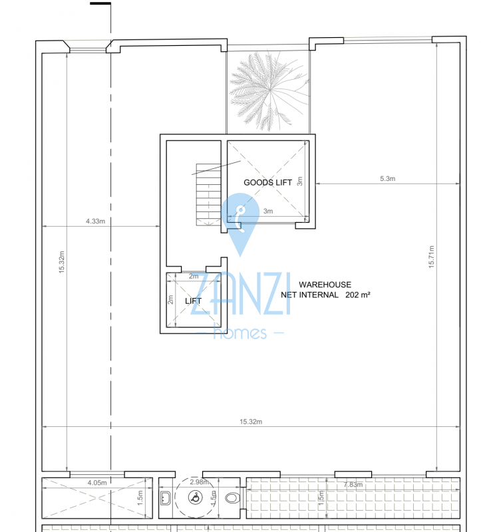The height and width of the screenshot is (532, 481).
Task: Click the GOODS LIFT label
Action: coord(267,182)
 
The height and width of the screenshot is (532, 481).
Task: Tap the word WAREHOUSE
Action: coord(325,285)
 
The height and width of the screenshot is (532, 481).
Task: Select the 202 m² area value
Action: coord(358,295)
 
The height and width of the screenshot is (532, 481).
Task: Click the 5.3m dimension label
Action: coord(387,178)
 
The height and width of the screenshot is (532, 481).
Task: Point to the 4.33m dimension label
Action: coord(95,221)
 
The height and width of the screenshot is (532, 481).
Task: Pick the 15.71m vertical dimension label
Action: coord(431,257)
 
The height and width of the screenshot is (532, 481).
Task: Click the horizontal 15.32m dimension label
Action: coord(251,422)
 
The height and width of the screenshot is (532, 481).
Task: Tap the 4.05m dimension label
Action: coord(97,483)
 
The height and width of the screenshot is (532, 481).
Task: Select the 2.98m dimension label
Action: coord(200,481)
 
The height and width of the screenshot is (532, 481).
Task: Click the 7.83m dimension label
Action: coord(353,485)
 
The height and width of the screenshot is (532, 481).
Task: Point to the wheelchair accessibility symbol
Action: coord(195,497)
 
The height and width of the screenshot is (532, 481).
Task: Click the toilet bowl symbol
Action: coord(233,498)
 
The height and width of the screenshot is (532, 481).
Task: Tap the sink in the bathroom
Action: coord(165,498)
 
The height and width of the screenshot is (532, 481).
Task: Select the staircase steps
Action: coord(208,195)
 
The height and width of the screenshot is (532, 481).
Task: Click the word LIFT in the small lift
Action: coord(193,301)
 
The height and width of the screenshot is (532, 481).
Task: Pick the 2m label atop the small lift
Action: coord(194,276)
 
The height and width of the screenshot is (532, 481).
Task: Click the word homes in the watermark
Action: coord(240,333)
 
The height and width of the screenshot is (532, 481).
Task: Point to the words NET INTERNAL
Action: coord(309,295)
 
